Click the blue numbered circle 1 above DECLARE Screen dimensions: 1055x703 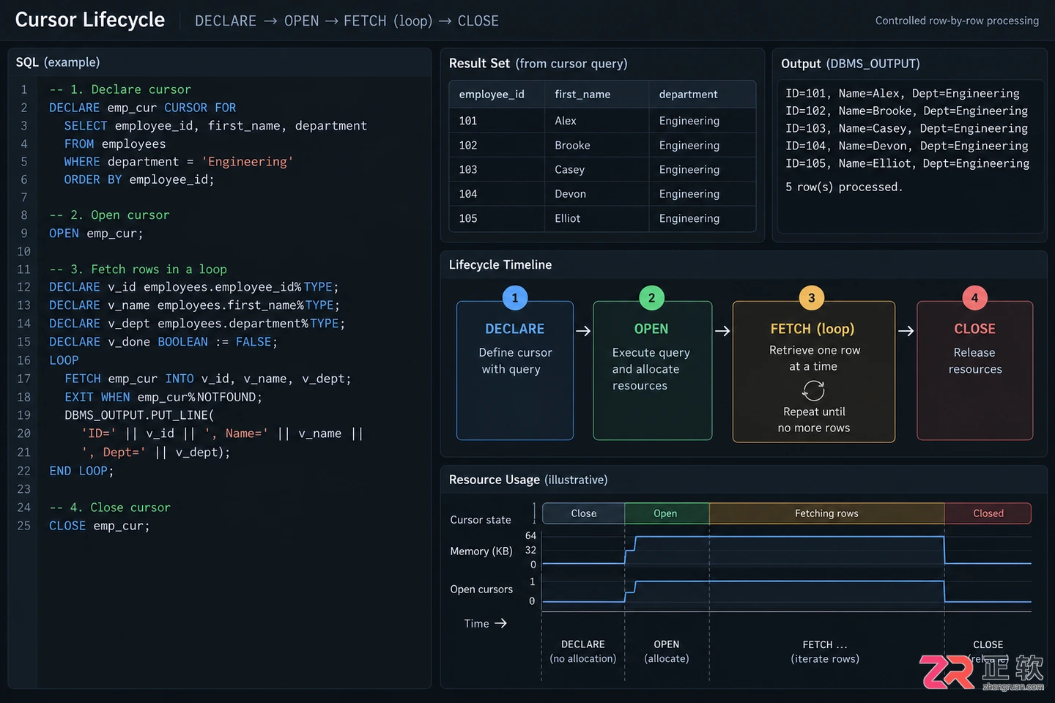pyautogui.click(x=515, y=297)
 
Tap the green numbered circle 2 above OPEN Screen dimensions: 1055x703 pyautogui.click(x=651, y=297)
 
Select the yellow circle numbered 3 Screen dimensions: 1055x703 pyautogui.click(x=812, y=297)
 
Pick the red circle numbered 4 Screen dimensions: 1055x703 pyautogui.click(x=974, y=297)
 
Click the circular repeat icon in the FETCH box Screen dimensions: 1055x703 pyautogui.click(x=813, y=390)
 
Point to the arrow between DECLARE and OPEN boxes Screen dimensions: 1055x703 pyautogui.click(x=583, y=330)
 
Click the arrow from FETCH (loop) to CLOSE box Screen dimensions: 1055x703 pyautogui.click(x=906, y=330)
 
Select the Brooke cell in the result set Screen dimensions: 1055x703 pyautogui.click(x=572, y=145)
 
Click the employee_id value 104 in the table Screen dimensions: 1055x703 pyautogui.click(x=467, y=193)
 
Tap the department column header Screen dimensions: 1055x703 pyautogui.click(x=688, y=94)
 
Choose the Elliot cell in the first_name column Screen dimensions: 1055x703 pyautogui.click(x=567, y=218)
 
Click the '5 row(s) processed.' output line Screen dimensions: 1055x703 pyautogui.click(x=843, y=187)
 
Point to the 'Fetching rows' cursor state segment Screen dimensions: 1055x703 pyautogui.click(x=826, y=513)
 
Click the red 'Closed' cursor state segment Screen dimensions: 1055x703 pyautogui.click(x=988, y=513)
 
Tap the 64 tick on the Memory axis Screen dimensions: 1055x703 pyautogui.click(x=530, y=535)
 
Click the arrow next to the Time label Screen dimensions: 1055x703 pyautogui.click(x=500, y=623)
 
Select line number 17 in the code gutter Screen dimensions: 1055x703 pyautogui.click(x=23, y=379)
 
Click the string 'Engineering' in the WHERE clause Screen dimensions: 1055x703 pyautogui.click(x=248, y=162)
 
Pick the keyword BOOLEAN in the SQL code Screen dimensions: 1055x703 pyautogui.click(x=182, y=342)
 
